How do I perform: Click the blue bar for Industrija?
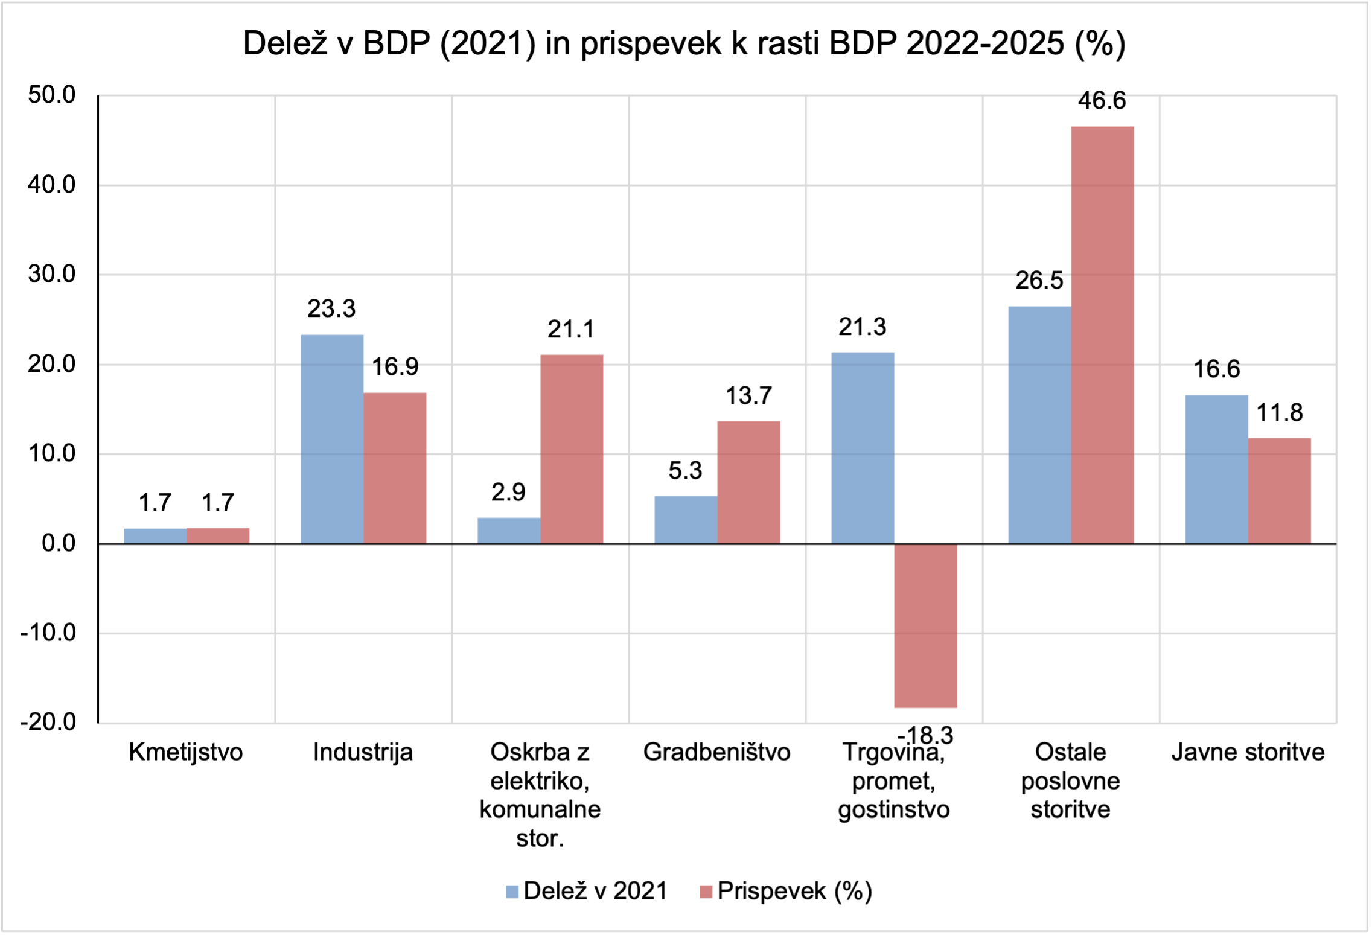[x=332, y=439]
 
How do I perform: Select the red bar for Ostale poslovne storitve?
[x=1102, y=335]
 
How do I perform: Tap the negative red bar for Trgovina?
[x=925, y=625]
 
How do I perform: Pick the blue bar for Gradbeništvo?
[x=686, y=520]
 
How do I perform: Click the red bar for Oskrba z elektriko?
[x=572, y=449]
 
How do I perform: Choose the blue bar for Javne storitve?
[x=1216, y=469]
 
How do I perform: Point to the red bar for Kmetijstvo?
[x=218, y=536]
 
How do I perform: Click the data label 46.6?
[x=1102, y=100]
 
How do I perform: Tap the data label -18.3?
[x=925, y=735]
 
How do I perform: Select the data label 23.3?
[x=331, y=309]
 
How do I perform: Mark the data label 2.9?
[x=508, y=493]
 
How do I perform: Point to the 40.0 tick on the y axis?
[x=51, y=185]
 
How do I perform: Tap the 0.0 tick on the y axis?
[x=59, y=543]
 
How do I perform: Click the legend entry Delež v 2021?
[x=587, y=891]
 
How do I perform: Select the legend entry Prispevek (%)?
[x=787, y=891]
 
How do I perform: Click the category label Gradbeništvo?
[x=716, y=752]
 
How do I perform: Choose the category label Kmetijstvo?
[x=186, y=752]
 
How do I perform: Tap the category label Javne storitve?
[x=1248, y=752]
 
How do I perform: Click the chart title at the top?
[x=684, y=43]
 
